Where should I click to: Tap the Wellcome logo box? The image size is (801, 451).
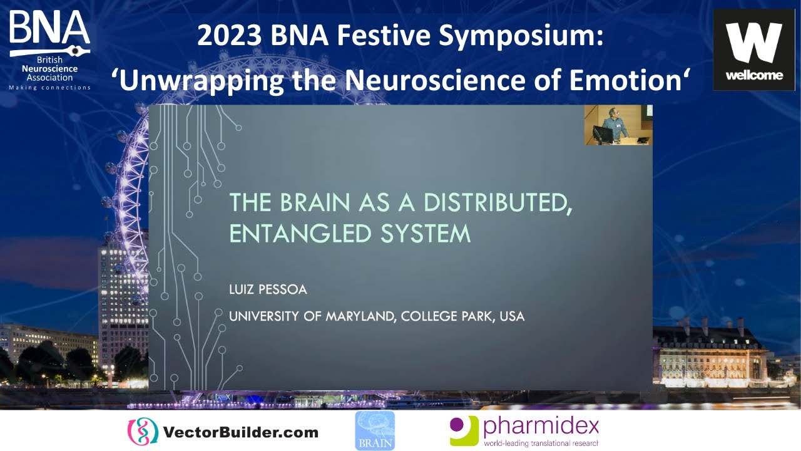pos(753,50)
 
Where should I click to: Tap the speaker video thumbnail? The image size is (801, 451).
pos(618,125)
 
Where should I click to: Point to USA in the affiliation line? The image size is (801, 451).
pos(511,316)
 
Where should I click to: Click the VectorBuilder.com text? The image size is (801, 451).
pos(240,432)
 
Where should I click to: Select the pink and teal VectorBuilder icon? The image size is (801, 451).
pos(142,432)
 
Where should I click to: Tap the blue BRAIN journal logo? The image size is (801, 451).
pos(375,431)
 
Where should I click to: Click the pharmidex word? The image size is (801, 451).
pos(541,427)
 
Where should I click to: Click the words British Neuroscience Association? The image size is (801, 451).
pos(49,69)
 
